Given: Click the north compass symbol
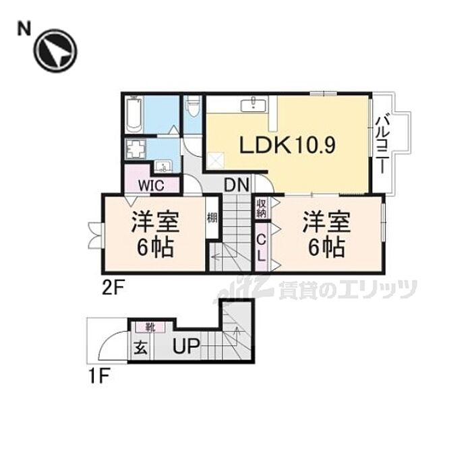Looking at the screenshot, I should pyautogui.click(x=56, y=51).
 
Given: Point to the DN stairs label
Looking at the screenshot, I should pyautogui.click(x=236, y=184).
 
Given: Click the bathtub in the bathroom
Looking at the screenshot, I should pyautogui.click(x=133, y=115).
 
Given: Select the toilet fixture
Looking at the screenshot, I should pyautogui.click(x=193, y=108).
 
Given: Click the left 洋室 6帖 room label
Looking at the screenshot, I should pyautogui.click(x=154, y=234).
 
